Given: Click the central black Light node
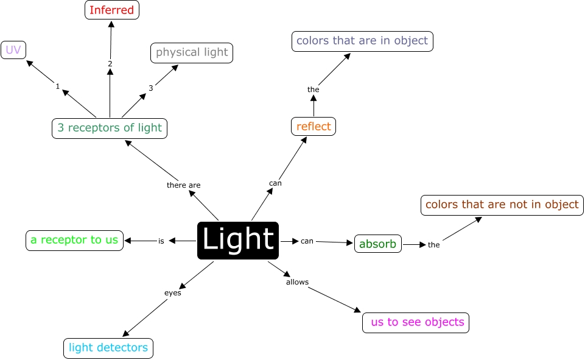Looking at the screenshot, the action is (238, 241).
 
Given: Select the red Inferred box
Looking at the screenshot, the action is (112, 10).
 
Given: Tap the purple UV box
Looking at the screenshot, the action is (13, 50).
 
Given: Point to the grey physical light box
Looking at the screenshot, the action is (192, 53).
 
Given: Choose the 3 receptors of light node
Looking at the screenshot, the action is (110, 129).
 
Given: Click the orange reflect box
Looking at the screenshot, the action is (314, 127).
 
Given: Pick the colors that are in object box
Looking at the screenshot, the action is (362, 41).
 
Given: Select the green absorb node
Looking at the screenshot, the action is (378, 244).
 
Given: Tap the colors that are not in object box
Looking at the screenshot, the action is (502, 205).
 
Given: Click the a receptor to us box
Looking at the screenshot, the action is (75, 241).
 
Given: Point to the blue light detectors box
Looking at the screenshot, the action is (108, 348).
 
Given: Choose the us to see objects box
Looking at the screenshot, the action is (416, 323).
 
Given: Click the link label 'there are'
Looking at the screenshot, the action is (184, 185).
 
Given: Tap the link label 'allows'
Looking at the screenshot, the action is (297, 282).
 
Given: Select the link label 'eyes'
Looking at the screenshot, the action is (173, 293).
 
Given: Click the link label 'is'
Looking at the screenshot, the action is (161, 241).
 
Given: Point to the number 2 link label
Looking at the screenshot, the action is (110, 64).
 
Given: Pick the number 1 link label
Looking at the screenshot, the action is (57, 86).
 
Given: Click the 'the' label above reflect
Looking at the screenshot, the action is (314, 90).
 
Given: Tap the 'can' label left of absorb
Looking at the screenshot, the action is (307, 241).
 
